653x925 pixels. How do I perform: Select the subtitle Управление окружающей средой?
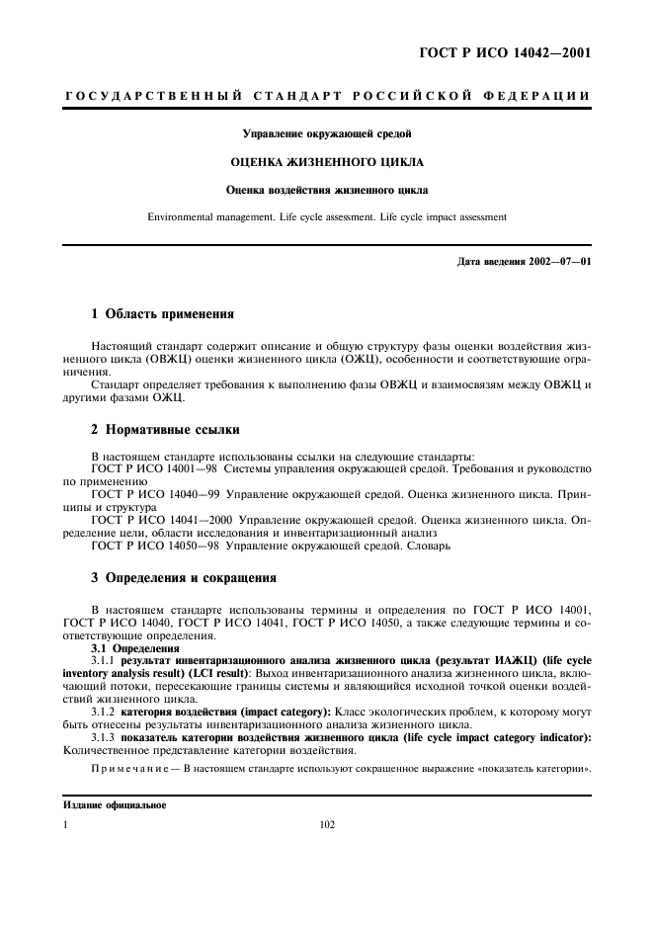pos(326,132)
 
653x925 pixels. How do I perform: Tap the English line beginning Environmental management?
pos(326,215)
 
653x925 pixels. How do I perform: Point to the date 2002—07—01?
pos(552,261)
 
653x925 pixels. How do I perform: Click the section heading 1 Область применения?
pos(162,314)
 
